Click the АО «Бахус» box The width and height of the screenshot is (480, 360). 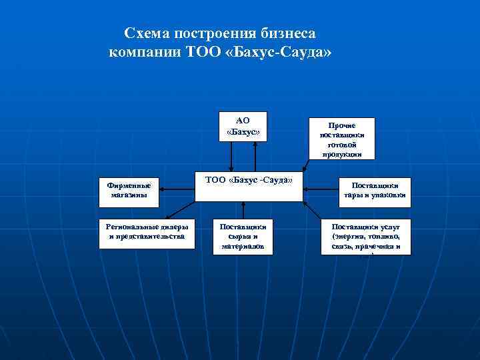pos(243,126)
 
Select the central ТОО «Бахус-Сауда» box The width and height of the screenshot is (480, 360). pos(249,187)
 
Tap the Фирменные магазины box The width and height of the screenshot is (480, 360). pos(129,190)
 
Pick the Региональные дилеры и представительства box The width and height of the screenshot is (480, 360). pos(147,233)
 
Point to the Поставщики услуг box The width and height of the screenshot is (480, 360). pos(365,236)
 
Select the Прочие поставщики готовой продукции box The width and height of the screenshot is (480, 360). pos(341,139)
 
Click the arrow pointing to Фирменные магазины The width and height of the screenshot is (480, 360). pos(176,189)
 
